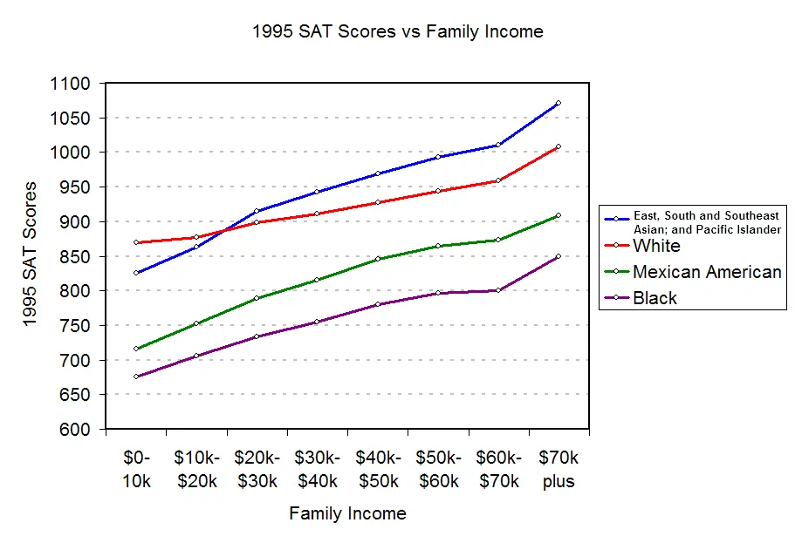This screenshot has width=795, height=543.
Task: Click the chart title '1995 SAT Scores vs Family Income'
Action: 397,32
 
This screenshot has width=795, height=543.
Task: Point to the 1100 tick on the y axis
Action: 71,84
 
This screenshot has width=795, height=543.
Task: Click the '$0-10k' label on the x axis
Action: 135,469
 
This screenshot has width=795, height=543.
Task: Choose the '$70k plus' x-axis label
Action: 559,469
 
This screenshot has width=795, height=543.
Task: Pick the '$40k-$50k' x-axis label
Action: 378,469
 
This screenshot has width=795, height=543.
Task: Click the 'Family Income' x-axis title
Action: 347,513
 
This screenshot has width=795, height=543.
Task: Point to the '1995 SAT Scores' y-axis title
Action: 31,255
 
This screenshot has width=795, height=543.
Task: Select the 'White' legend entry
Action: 656,246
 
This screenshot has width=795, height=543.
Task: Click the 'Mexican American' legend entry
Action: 707,272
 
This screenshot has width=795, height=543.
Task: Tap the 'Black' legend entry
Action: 655,298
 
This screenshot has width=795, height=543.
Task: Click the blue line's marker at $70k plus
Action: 558,103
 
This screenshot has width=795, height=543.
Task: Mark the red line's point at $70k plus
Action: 558,146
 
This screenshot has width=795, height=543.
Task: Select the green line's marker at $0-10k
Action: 136,349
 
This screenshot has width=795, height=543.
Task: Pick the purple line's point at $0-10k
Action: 136,377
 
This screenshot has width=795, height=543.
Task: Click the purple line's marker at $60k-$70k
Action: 497,290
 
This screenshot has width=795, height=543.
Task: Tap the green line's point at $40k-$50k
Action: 378,259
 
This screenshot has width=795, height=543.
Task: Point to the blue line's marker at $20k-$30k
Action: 257,211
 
